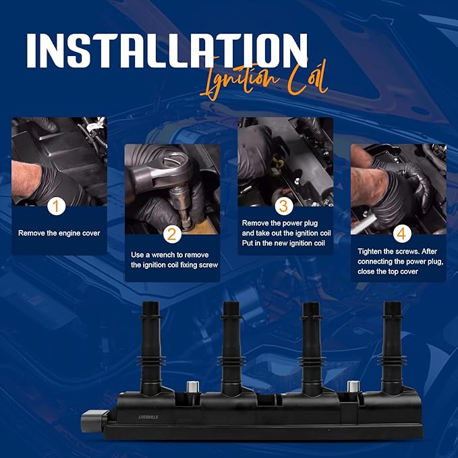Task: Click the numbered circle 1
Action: click(x=57, y=206)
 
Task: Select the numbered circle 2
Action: click(x=171, y=234)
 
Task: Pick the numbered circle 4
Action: click(x=401, y=233)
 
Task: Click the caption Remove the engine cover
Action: click(x=59, y=233)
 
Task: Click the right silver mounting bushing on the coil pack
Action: click(x=351, y=389)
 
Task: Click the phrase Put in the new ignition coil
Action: click(x=285, y=243)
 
